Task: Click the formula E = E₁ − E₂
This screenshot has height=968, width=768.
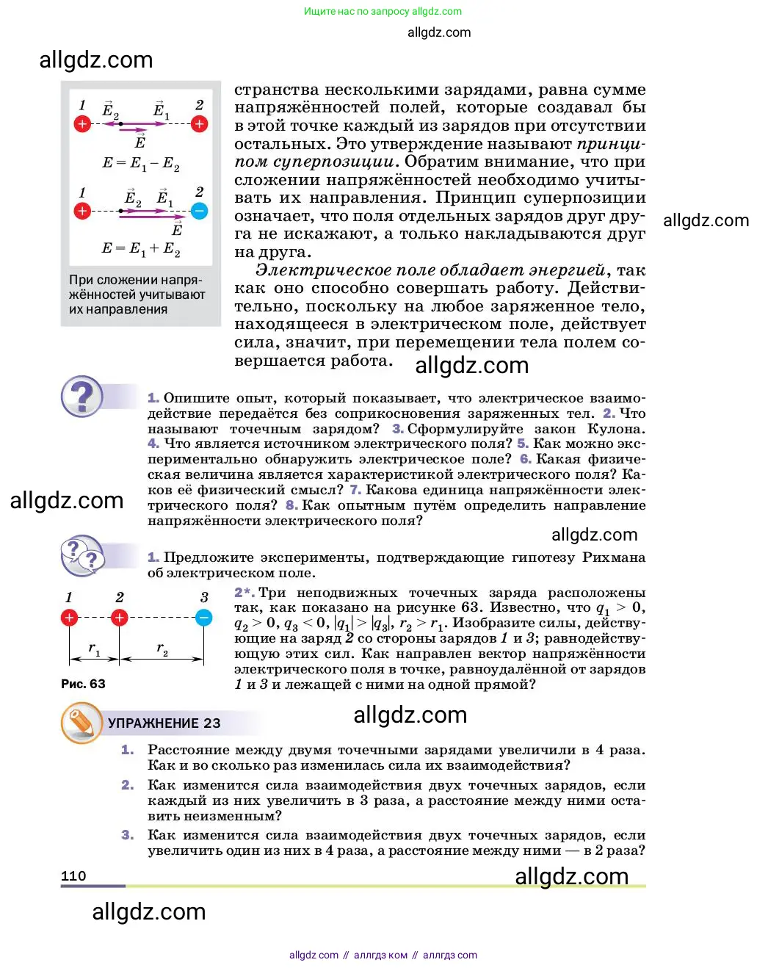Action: point(140,163)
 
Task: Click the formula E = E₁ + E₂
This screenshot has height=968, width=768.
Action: point(140,248)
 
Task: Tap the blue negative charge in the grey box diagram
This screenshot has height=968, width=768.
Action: point(199,212)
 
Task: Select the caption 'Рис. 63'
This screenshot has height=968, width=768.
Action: point(83,684)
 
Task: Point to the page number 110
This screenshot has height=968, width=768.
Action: point(73,875)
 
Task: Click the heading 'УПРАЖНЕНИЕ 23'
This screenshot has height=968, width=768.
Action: point(164,723)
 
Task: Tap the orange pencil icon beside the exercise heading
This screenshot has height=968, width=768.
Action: point(81,723)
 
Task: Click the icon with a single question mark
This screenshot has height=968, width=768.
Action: point(81,397)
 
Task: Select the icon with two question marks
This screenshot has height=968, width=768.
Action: point(81,556)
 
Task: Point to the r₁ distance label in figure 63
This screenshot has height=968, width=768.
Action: point(94,649)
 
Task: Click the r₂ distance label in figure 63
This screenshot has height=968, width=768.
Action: point(162,649)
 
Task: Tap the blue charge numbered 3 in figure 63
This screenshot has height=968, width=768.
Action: point(204,618)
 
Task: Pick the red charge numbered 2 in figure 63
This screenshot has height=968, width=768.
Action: point(119,618)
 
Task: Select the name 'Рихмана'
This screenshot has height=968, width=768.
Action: point(614,557)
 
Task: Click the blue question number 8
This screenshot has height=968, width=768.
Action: point(291,505)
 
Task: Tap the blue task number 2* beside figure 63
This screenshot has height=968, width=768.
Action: point(244,593)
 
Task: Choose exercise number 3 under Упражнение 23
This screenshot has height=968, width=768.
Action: point(127,835)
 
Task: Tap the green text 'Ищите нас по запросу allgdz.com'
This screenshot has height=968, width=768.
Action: point(383,11)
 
